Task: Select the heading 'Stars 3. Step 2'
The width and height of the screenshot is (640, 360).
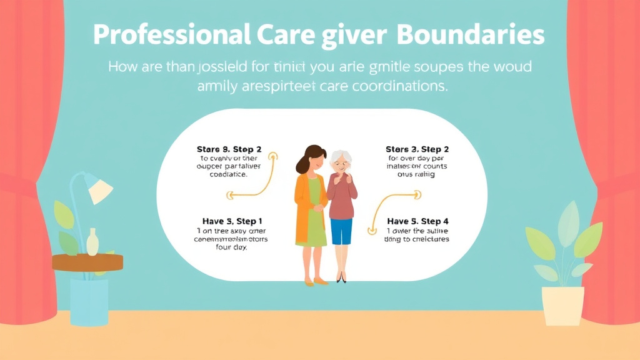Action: (x=417, y=149)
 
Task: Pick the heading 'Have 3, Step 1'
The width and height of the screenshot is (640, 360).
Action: (x=232, y=221)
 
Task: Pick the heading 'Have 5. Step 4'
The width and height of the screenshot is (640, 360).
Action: (x=417, y=221)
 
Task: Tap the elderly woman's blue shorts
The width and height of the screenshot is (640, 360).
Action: (x=342, y=231)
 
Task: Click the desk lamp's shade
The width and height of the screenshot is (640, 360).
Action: (x=98, y=189)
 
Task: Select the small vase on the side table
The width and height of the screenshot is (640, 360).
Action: (x=92, y=242)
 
